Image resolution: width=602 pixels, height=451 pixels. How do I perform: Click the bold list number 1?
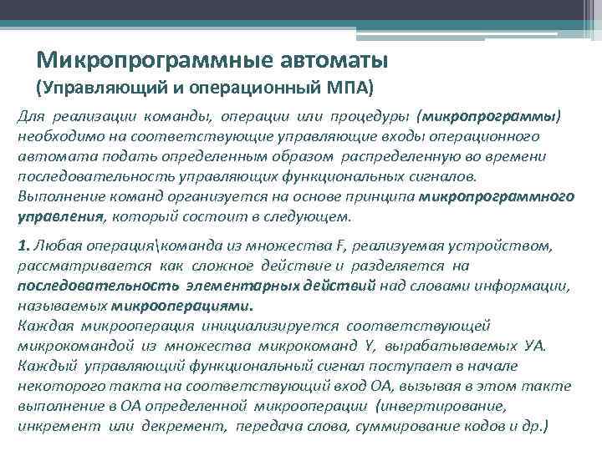coord(23,246)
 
